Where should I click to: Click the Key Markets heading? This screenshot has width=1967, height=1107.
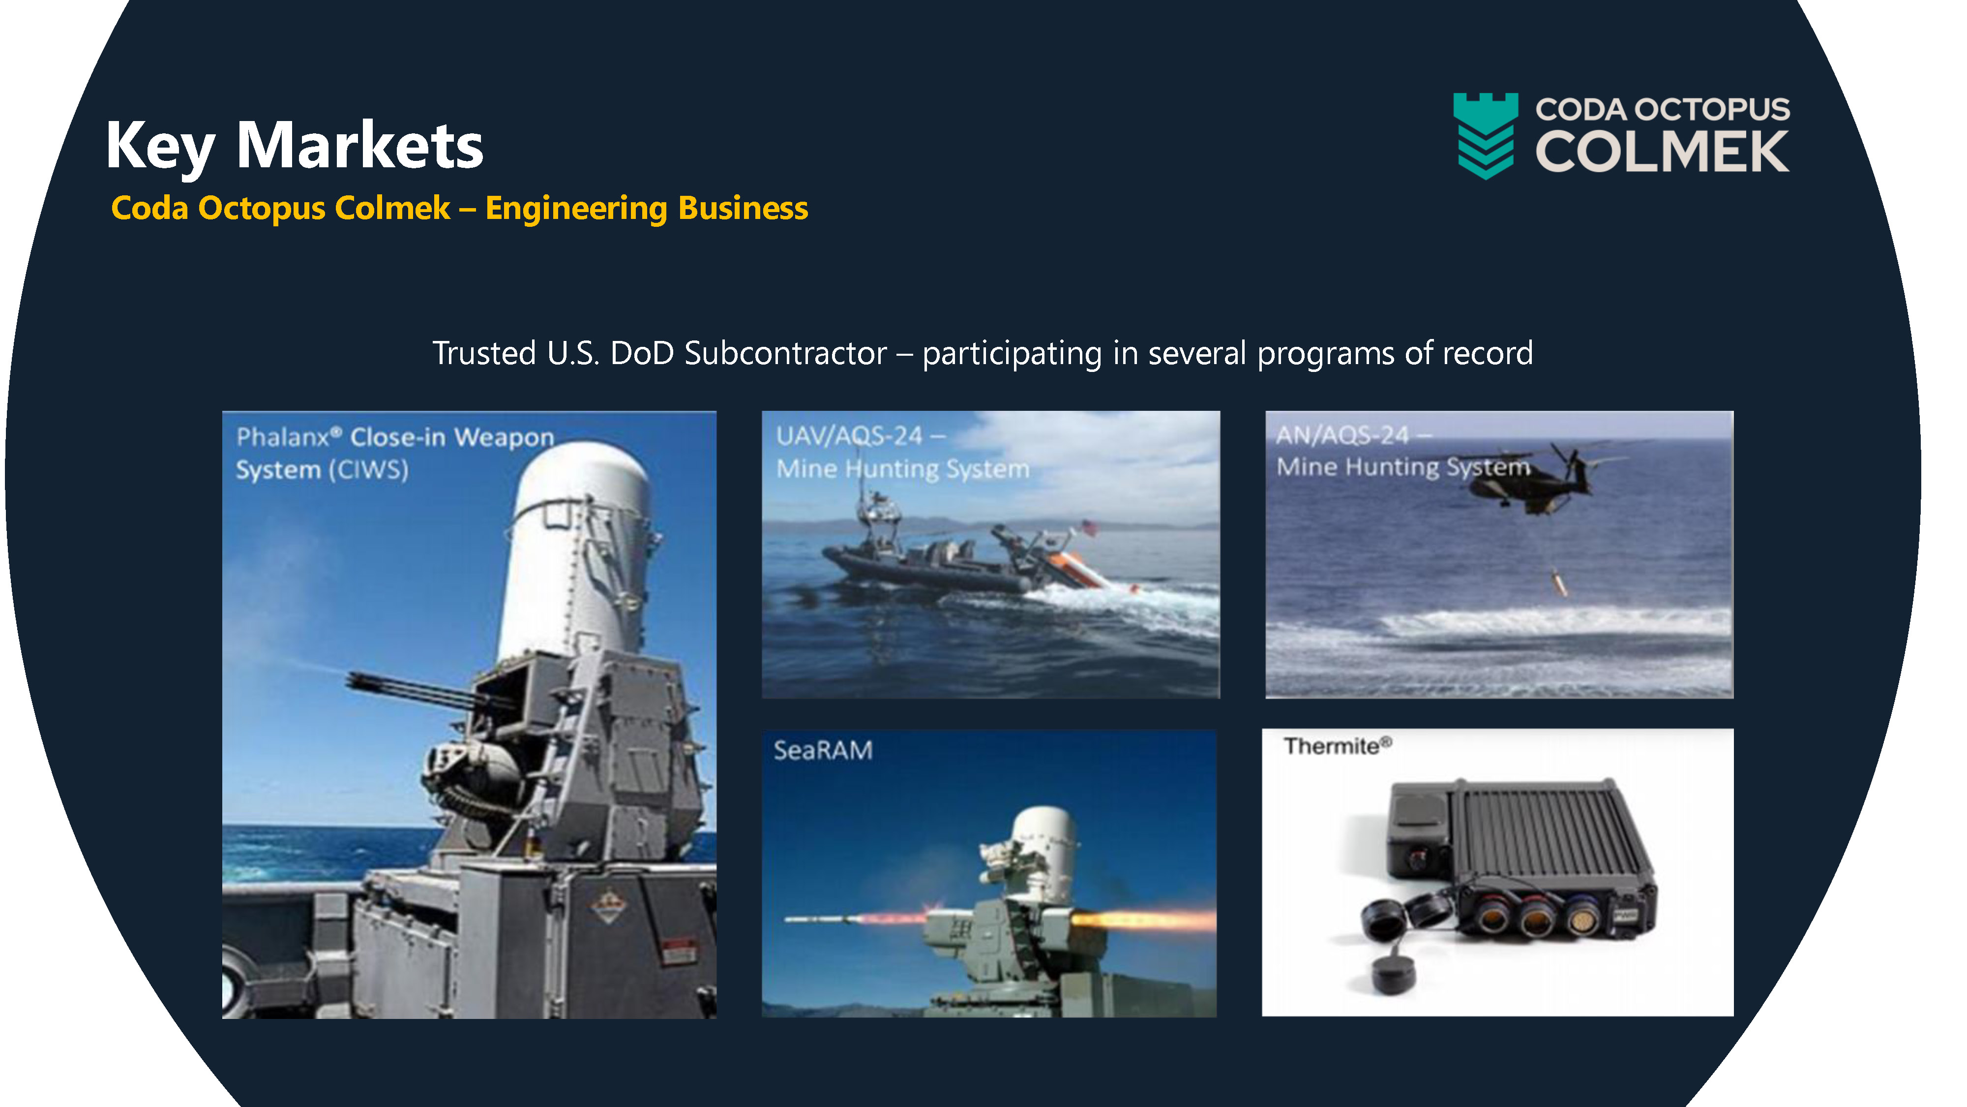(x=295, y=146)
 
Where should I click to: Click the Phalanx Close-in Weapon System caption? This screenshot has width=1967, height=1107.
(x=395, y=453)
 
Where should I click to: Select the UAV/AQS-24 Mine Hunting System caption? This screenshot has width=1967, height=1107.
(x=902, y=452)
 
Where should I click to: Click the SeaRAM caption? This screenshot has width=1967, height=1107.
(x=822, y=750)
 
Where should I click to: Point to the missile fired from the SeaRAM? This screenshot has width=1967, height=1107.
(x=855, y=918)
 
